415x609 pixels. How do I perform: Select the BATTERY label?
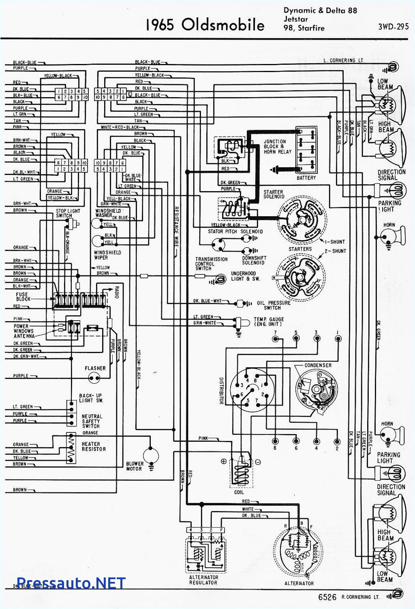tap(306, 178)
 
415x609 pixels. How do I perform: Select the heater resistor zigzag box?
tap(71, 448)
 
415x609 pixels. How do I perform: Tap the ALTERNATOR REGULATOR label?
tap(203, 580)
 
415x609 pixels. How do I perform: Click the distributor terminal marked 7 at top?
tap(275, 339)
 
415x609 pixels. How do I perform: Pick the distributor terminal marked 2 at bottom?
tap(336, 441)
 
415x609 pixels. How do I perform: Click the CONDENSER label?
tap(318, 365)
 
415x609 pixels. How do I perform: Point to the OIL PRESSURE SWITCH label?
tap(274, 305)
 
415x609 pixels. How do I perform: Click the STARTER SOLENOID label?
tap(274, 194)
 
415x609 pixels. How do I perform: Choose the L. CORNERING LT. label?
tap(344, 60)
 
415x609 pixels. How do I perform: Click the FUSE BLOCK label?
tap(23, 297)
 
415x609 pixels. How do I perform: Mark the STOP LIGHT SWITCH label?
tap(68, 213)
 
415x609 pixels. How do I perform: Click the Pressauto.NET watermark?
tap(71, 583)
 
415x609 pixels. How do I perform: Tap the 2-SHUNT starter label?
tap(335, 251)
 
